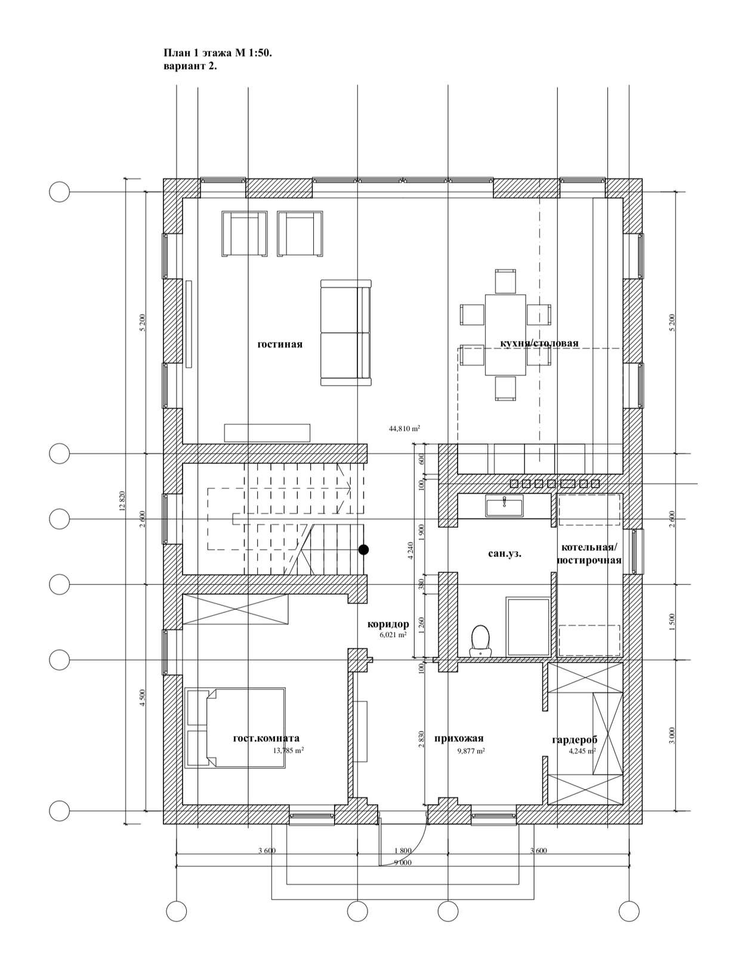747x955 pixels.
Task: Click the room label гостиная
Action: (280, 344)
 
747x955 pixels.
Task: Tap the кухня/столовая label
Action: (539, 343)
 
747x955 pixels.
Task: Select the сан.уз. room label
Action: (505, 554)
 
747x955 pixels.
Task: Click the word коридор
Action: (388, 624)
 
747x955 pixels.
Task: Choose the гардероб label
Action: (575, 740)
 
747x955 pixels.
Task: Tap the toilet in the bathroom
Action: (480, 640)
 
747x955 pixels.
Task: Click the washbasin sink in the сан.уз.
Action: (504, 506)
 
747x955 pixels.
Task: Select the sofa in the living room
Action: (345, 332)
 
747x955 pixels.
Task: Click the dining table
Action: (505, 335)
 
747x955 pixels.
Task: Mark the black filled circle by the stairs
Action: (363, 549)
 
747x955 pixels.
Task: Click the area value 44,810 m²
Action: (404, 428)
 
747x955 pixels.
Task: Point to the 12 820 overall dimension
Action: (122, 501)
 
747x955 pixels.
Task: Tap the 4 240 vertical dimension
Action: (410, 550)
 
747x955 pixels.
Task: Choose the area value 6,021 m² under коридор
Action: (393, 634)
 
